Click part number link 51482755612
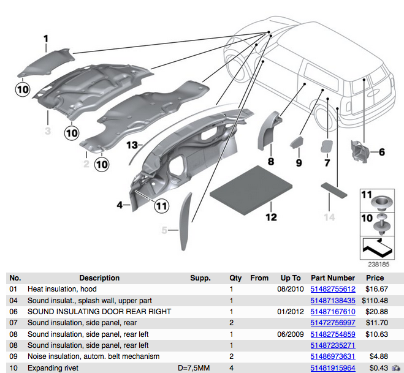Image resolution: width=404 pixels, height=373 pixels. click(333, 289)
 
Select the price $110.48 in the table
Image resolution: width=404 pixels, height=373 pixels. click(375, 301)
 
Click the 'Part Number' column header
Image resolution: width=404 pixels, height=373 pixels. click(333, 277)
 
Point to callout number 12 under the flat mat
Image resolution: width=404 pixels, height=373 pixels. click(271, 217)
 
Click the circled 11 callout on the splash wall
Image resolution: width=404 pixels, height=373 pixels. click(161, 206)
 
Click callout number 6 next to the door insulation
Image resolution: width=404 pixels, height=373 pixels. click(381, 152)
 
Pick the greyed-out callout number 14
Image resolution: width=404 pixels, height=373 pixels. click(330, 217)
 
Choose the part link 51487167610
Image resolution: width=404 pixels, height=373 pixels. click(333, 312)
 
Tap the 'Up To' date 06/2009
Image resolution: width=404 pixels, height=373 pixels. click(291, 334)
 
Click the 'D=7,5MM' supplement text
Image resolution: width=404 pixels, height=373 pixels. click(194, 368)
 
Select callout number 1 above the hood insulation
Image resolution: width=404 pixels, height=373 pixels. click(45, 40)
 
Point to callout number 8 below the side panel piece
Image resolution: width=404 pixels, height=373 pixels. click(270, 162)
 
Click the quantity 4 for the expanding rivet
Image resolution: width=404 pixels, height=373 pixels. click(231, 368)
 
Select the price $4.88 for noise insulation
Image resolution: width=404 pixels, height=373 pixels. click(375, 356)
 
